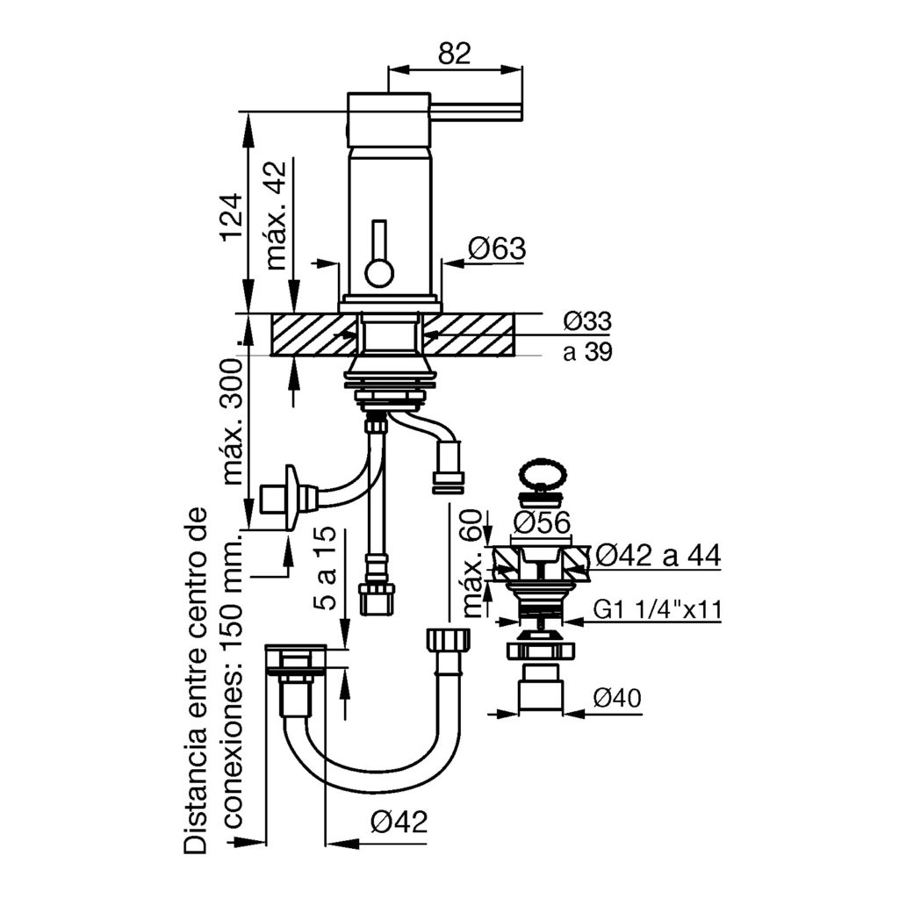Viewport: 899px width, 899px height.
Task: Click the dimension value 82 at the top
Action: [454, 54]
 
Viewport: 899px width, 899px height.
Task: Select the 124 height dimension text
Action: [230, 216]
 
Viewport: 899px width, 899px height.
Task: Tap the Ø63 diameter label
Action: [496, 249]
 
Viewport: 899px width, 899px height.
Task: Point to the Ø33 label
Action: [587, 321]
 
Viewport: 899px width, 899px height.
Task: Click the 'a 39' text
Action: [587, 352]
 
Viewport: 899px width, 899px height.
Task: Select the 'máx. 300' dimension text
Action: [232, 422]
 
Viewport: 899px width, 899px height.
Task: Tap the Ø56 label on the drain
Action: [541, 523]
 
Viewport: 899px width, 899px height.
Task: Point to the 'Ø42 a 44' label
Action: [658, 556]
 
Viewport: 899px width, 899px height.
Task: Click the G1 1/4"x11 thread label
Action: [657, 609]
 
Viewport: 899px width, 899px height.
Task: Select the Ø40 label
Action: [616, 699]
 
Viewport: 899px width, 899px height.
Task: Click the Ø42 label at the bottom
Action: [397, 822]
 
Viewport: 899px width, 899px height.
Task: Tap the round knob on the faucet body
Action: [380, 273]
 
